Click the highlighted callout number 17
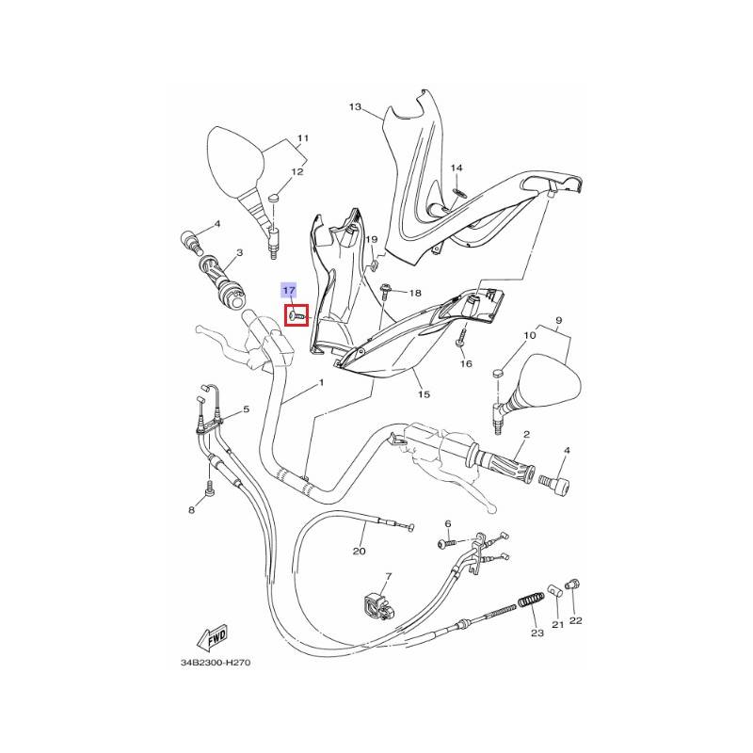289,291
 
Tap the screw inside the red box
297,316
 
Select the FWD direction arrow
212,638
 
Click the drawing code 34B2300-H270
216,663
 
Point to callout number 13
355,106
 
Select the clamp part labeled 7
379,606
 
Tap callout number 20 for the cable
360,552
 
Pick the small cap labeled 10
499,373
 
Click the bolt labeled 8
209,489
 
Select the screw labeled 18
385,293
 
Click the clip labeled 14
459,193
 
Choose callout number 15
424,394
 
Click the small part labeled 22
572,585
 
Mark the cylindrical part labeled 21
555,591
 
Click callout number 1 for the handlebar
321,383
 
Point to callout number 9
558,320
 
